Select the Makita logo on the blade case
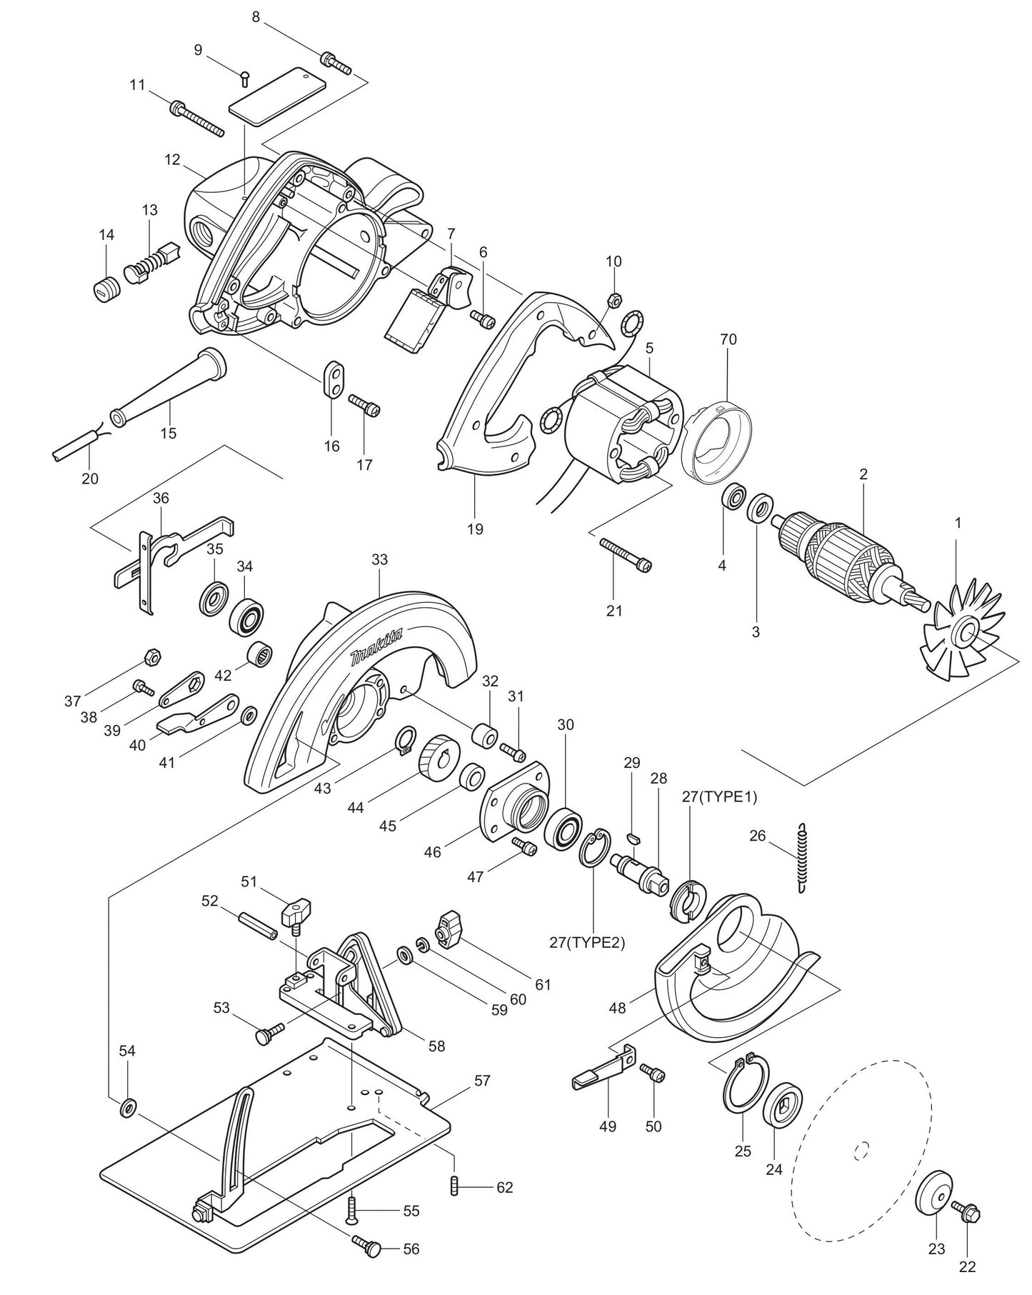click(376, 647)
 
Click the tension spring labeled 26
click(803, 857)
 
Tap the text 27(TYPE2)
click(587, 942)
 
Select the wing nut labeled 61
click(453, 929)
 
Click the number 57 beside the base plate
click(482, 1081)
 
